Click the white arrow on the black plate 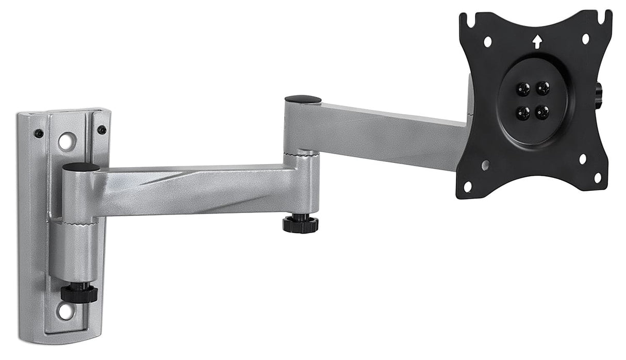537,41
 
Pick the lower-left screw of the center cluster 523,112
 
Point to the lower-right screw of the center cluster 542,111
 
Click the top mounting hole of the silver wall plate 66,140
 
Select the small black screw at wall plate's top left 39,133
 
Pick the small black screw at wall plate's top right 102,129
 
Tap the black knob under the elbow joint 300,224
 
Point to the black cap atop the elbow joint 303,99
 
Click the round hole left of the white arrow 488,42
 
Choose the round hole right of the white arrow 586,39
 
